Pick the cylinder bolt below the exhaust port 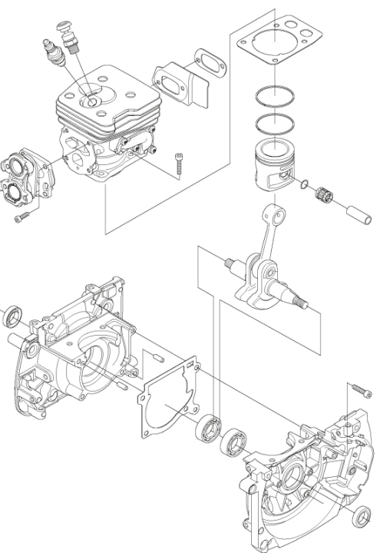tap(179, 163)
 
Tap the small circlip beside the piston tap(306, 184)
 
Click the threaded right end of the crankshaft tap(300, 305)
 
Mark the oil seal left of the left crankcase tap(12, 314)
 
